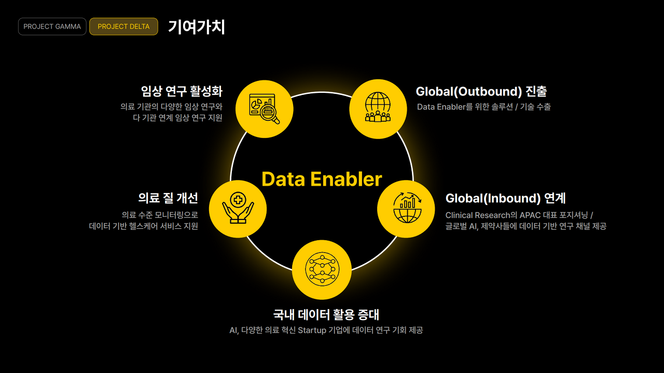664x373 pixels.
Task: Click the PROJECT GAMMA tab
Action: (52, 26)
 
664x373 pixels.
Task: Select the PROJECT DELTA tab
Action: (123, 26)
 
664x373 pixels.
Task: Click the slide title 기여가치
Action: (196, 27)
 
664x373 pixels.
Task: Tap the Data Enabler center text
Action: (322, 179)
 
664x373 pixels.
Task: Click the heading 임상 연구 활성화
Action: (182, 91)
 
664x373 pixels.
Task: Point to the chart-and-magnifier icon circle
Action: (264, 109)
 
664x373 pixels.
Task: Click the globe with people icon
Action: (378, 108)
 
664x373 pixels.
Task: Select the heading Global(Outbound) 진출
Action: (481, 91)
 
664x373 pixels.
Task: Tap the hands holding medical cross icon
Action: (238, 209)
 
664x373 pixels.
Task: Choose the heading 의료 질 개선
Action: (168, 198)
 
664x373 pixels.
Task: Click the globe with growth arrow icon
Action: (406, 209)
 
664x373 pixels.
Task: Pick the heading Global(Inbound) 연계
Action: (505, 198)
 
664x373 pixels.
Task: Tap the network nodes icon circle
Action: (321, 270)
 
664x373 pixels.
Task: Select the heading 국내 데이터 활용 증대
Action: (326, 314)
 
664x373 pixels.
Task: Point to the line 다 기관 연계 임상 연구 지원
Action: (177, 118)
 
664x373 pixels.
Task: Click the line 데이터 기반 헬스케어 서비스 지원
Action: (143, 226)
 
